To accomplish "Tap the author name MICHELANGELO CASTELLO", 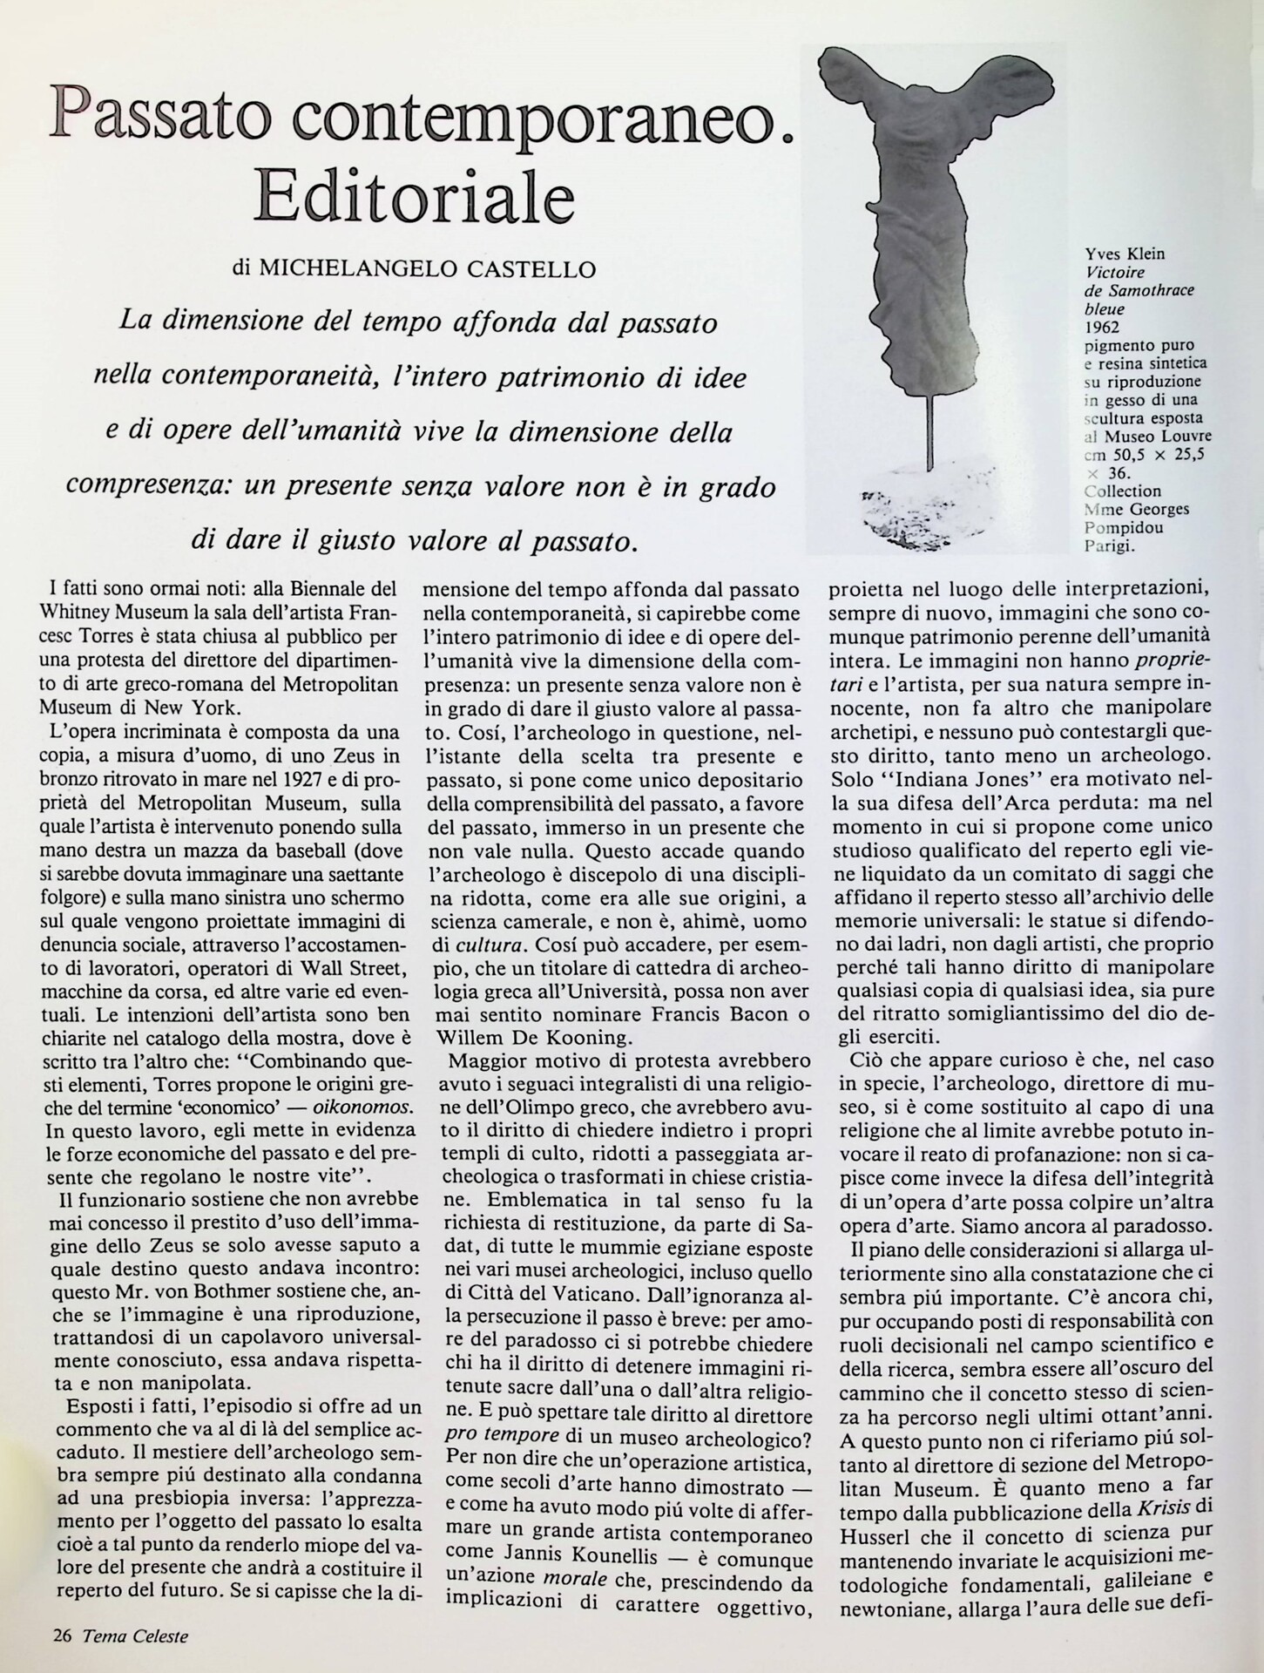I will point(427,269).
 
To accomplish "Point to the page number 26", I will point(61,1636).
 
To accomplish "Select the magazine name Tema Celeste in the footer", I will point(135,1636).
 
